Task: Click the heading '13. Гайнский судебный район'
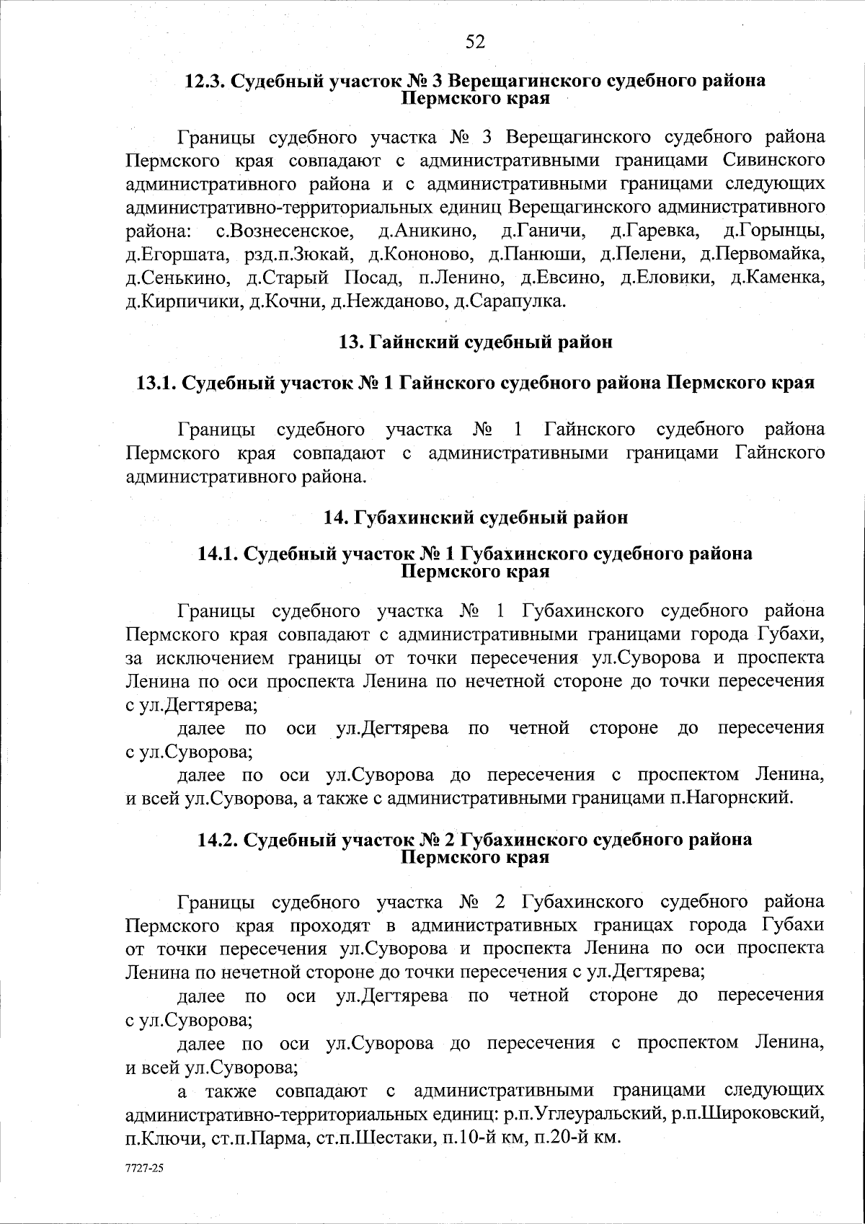tap(476, 342)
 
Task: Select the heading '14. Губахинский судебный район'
tap(476, 518)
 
